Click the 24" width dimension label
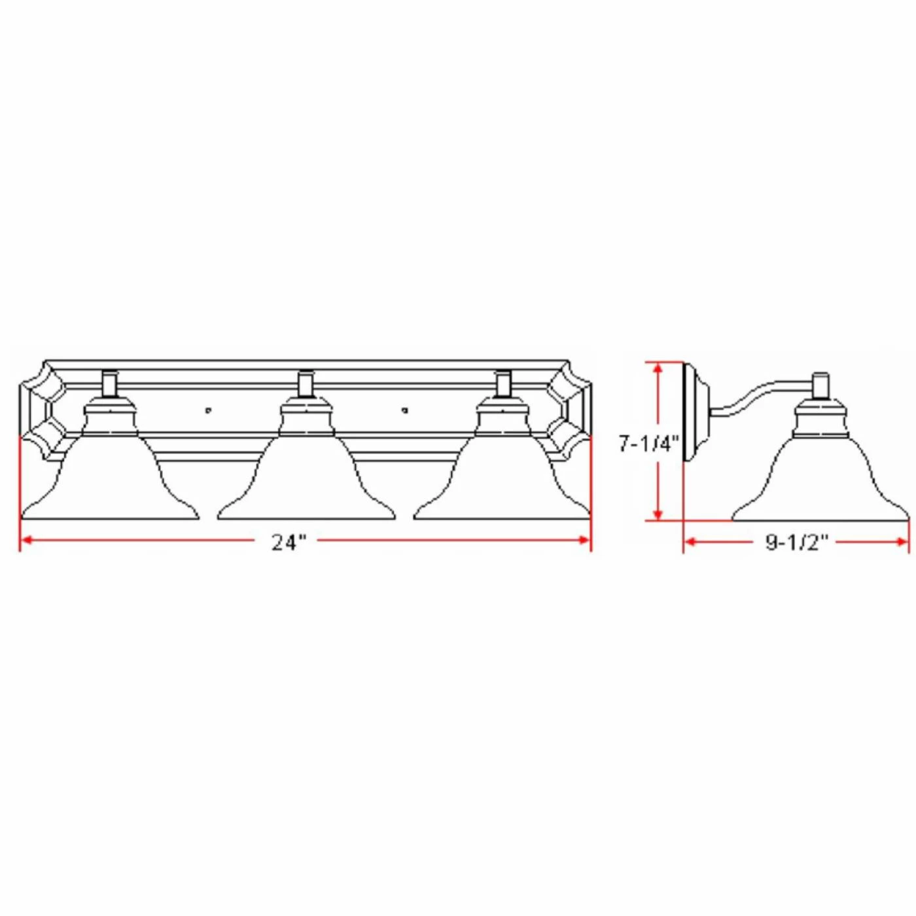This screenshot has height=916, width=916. pyautogui.click(x=289, y=542)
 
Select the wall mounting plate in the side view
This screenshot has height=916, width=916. pyautogui.click(x=695, y=411)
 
